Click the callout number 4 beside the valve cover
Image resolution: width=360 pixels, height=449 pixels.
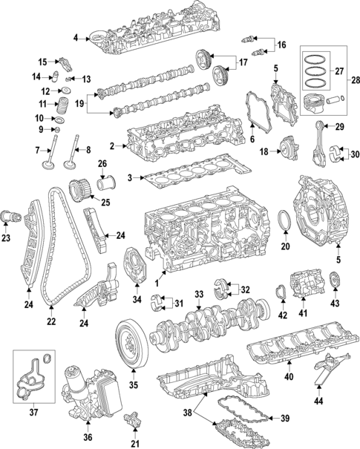tap(76, 37)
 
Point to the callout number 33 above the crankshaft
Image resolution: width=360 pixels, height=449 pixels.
tap(198, 295)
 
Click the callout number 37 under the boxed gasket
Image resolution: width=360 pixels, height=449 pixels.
tap(32, 412)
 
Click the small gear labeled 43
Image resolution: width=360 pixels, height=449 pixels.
tap(335, 283)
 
